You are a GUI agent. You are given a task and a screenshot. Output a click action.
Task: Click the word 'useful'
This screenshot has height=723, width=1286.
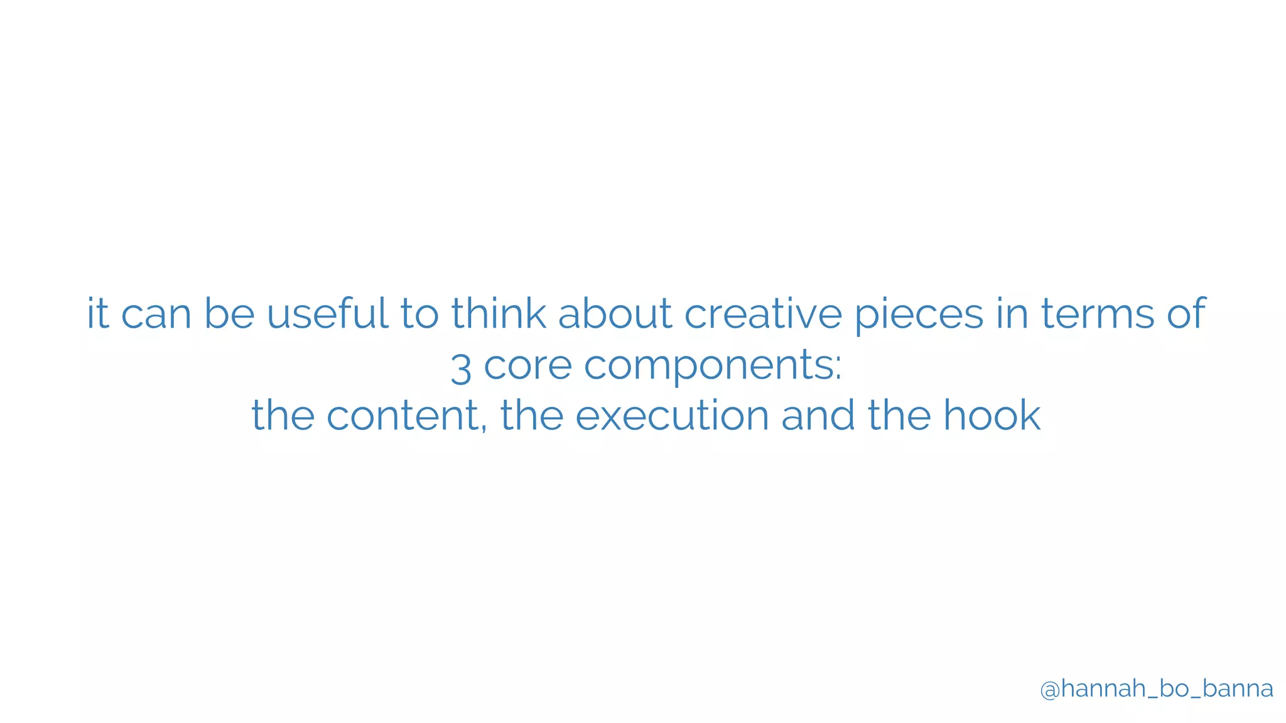tap(327, 313)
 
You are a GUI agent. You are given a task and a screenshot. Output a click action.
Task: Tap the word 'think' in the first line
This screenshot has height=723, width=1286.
tap(498, 313)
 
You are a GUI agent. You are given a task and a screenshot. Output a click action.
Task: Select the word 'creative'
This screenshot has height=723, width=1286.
tap(762, 313)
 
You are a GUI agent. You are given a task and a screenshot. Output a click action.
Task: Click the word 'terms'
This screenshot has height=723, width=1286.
tap(1097, 313)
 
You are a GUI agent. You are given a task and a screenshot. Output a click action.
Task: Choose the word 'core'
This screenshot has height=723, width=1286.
tap(527, 365)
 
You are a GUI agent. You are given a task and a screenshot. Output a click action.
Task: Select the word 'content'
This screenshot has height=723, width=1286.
tap(403, 415)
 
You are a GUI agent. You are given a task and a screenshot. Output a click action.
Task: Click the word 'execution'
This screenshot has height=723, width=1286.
tap(672, 415)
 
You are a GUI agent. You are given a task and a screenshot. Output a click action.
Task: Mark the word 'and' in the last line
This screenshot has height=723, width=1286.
tap(818, 415)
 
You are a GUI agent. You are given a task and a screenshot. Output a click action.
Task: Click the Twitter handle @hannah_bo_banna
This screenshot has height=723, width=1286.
tap(1156, 689)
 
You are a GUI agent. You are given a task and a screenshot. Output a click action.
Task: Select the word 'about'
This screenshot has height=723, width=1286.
tap(615, 313)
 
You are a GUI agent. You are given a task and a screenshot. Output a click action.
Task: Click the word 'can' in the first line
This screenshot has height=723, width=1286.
tap(156, 314)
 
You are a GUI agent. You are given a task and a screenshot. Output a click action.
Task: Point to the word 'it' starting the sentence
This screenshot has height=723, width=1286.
tap(98, 313)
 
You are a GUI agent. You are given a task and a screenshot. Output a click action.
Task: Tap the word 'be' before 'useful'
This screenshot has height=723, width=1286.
tap(229, 313)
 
